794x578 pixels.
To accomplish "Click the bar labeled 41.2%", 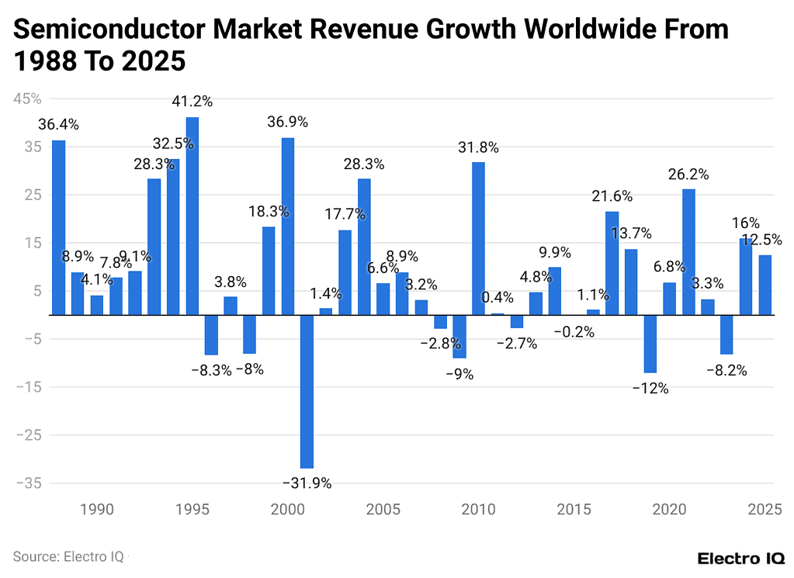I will click(192, 216).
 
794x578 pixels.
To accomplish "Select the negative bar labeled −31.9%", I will click(307, 391).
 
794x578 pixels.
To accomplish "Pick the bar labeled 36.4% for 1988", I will click(58, 227).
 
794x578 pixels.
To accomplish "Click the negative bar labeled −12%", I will click(650, 344).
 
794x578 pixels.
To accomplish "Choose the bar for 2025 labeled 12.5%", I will click(765, 285).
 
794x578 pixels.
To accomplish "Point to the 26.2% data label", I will click(688, 175).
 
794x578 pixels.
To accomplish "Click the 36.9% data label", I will click(288, 122).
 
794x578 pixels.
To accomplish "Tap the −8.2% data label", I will click(726, 370).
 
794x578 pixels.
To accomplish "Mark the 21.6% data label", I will click(612, 196).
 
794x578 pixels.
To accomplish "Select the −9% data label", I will click(459, 374).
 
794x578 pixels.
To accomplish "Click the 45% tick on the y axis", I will click(26, 99).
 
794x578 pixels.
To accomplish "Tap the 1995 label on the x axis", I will click(192, 510).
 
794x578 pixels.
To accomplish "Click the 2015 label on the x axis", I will click(574, 510).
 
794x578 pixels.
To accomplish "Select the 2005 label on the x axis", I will click(383, 510).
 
